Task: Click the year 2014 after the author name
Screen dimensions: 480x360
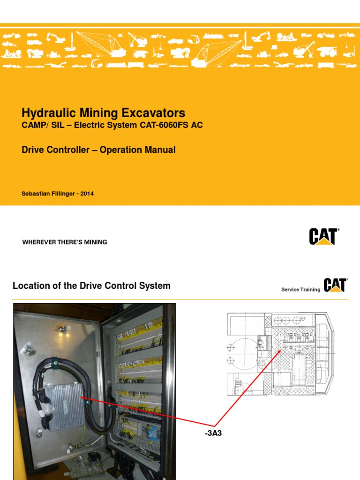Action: pos(86,193)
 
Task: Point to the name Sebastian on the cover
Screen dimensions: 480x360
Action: pos(37,193)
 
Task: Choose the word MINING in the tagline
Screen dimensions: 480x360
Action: pos(96,242)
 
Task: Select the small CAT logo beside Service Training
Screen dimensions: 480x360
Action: pos(335,285)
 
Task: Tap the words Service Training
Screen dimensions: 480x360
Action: pos(300,290)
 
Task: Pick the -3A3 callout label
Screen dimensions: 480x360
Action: pos(213,434)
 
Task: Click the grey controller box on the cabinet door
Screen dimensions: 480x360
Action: pos(66,407)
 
